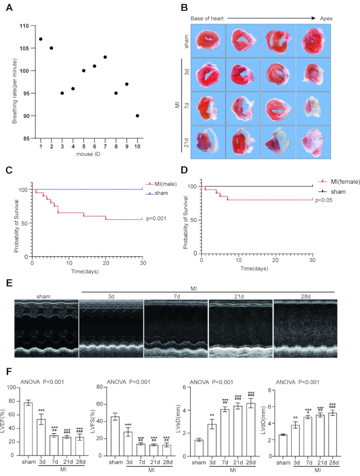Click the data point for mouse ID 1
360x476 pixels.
tap(40, 39)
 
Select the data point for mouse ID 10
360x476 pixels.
tap(137, 116)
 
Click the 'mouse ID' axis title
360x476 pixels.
tap(88, 155)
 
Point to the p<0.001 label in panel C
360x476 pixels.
tap(157, 218)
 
